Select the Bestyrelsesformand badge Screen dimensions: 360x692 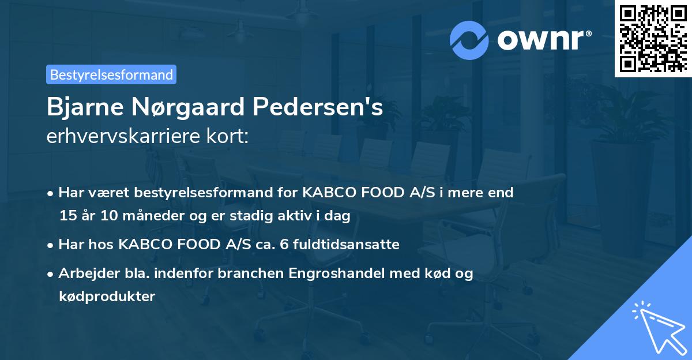coord(111,74)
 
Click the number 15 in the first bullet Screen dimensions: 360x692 coord(67,216)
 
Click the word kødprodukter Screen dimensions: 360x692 coord(107,297)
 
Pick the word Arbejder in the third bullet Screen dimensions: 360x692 coord(86,273)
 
